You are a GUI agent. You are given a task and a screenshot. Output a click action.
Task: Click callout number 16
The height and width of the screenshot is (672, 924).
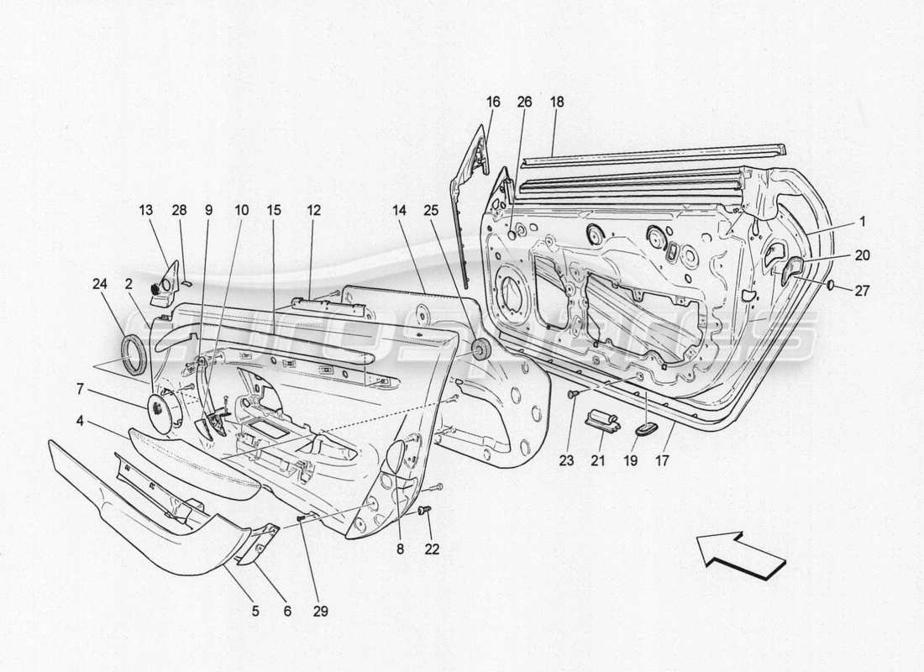pyautogui.click(x=492, y=102)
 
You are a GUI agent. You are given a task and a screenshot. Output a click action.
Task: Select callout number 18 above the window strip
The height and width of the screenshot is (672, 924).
pyautogui.click(x=557, y=102)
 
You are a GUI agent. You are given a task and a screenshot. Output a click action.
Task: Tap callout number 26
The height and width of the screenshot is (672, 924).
pyautogui.click(x=526, y=102)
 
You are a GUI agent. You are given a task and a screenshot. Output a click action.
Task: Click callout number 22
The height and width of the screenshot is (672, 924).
pyautogui.click(x=432, y=549)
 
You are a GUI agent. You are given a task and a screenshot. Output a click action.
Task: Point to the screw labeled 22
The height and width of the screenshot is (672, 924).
pyautogui.click(x=423, y=510)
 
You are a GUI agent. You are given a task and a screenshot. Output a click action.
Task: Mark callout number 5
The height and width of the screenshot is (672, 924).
pyautogui.click(x=255, y=612)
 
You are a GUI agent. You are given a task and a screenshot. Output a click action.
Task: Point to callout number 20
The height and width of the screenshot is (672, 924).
pyautogui.click(x=864, y=255)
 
